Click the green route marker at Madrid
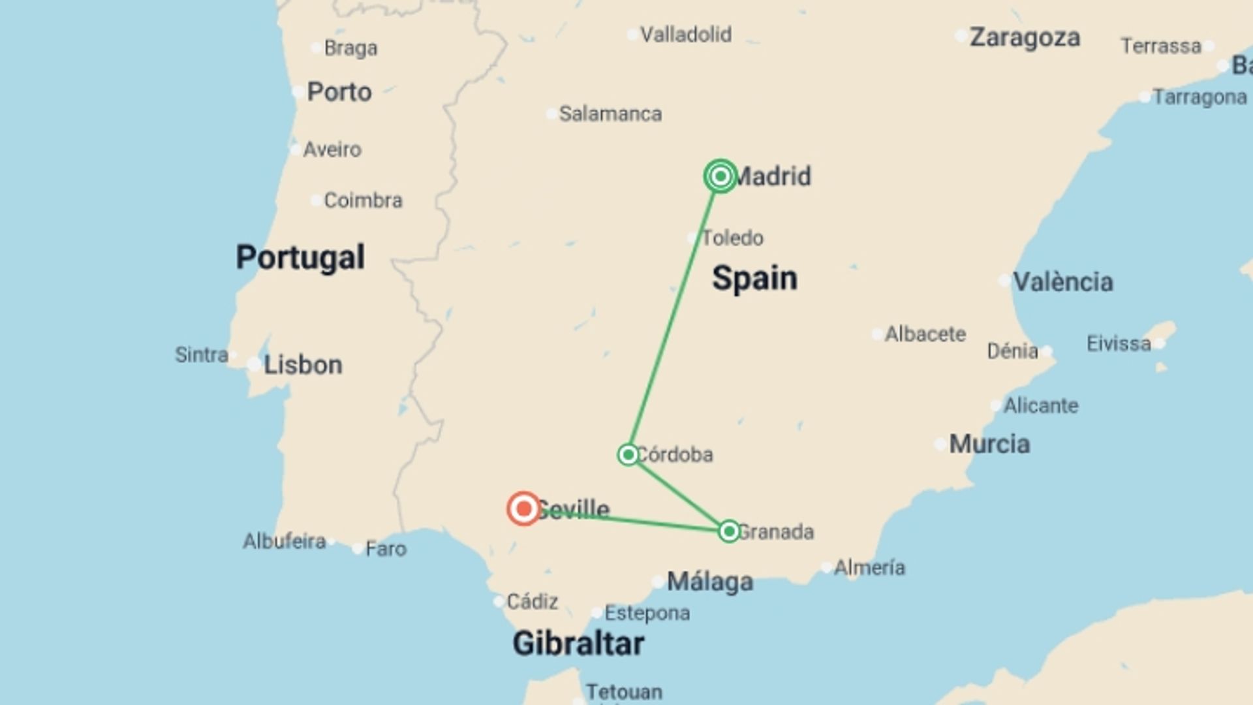point(720,176)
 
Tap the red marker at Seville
point(523,509)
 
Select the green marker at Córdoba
point(628,454)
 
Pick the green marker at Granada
point(729,531)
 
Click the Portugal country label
point(300,257)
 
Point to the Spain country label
point(754,278)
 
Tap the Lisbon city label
point(303,365)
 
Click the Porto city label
point(339,92)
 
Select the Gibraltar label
point(578,644)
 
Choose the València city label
point(1062,282)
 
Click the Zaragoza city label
point(1025,37)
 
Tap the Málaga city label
point(710,582)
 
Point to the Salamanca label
point(610,114)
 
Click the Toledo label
point(732,238)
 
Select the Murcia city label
point(989,444)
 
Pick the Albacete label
point(925,334)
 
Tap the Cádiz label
point(532,601)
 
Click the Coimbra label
point(363,200)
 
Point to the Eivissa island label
point(1119,343)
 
